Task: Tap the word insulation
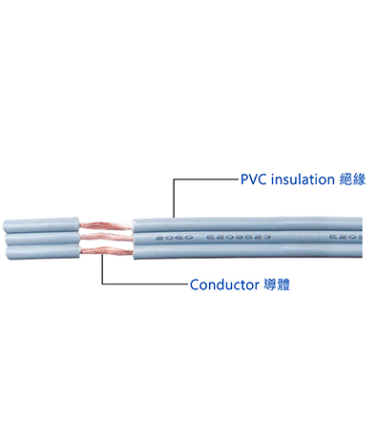click(303, 179)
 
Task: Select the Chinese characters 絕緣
click(351, 179)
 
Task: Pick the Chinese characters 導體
click(276, 285)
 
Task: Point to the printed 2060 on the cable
click(152, 237)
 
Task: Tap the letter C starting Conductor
click(194, 285)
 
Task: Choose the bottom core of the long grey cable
click(248, 252)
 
